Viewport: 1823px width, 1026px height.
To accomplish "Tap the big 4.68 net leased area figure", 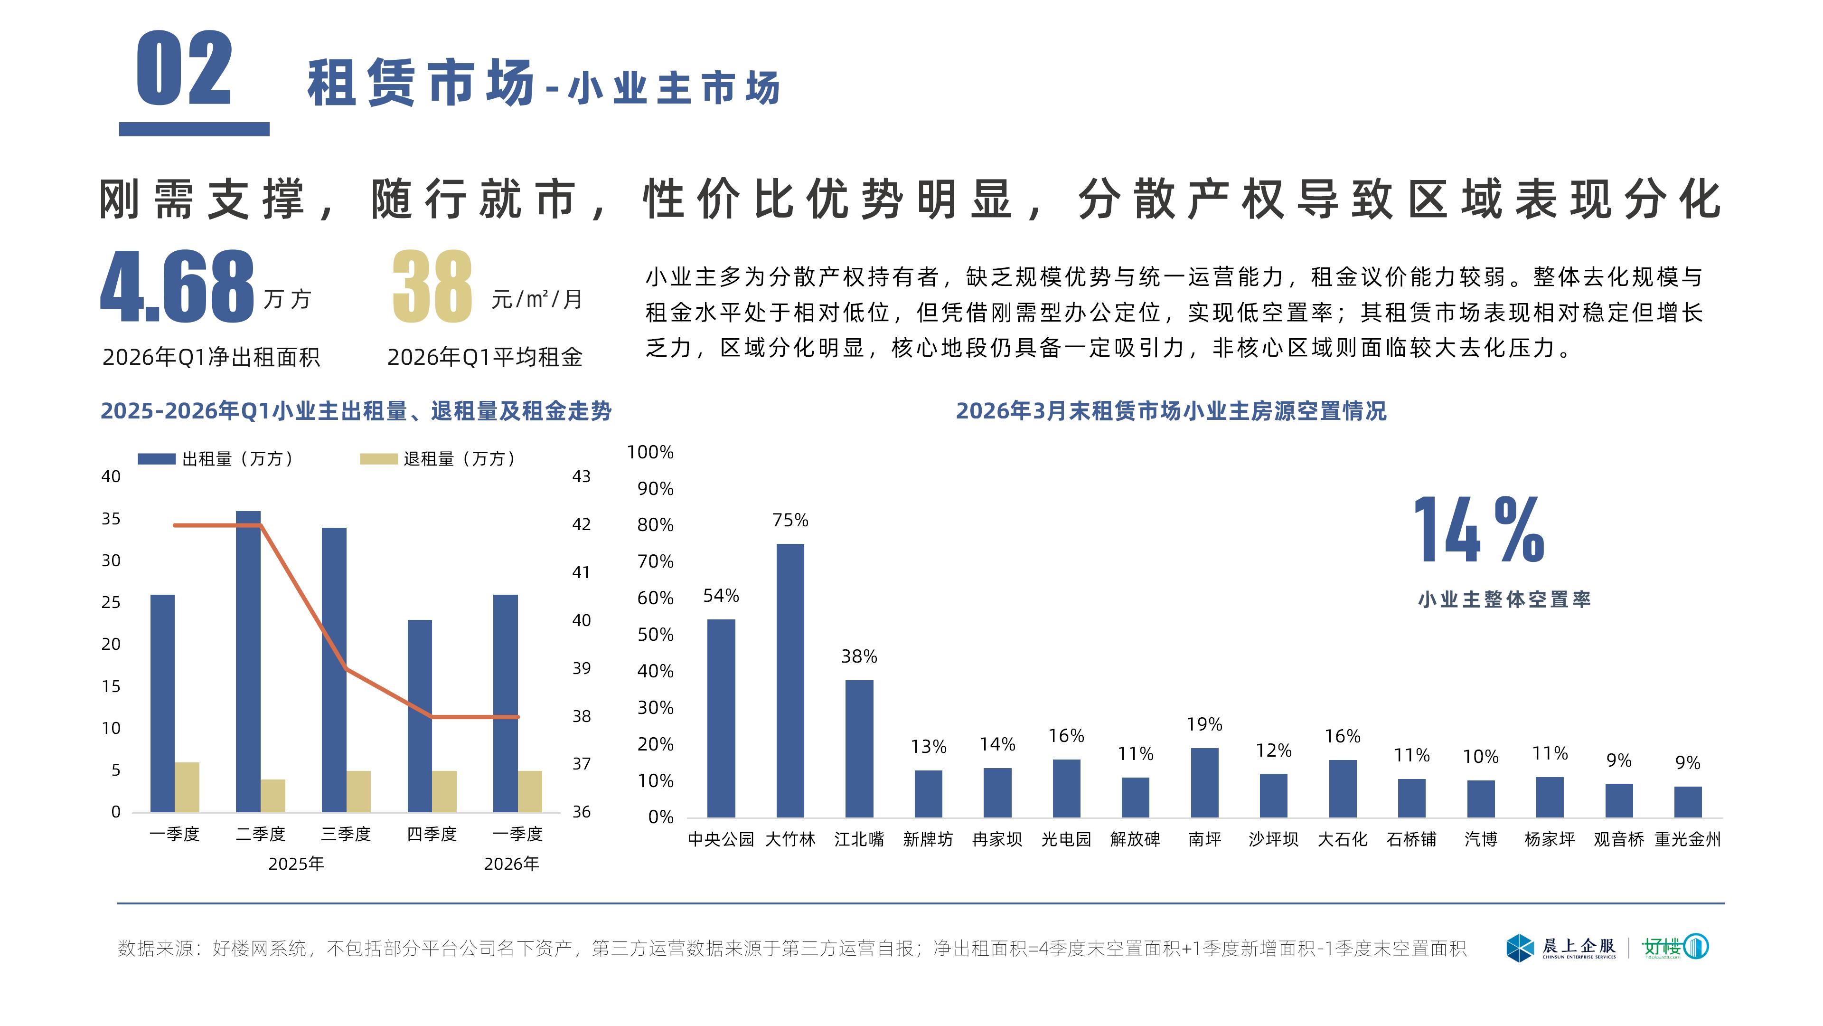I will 177,287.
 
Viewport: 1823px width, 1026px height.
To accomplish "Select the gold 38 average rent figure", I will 432,287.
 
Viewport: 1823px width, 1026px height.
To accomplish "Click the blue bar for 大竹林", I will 790,680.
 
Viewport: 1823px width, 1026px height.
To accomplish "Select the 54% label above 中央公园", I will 721,596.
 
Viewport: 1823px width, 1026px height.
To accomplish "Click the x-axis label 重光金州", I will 1687,839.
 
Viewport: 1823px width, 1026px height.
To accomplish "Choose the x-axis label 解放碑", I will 1135,839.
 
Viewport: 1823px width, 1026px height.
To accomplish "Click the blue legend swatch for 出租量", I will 156,459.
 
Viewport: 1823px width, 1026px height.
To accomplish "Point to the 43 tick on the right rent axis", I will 581,476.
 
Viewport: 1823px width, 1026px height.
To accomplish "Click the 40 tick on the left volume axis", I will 111,476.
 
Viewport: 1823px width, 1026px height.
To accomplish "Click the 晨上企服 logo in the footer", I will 1562,948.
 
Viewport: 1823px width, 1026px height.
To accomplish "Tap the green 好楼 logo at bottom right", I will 1675,947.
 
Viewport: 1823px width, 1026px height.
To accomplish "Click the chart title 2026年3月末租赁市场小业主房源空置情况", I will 1171,411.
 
